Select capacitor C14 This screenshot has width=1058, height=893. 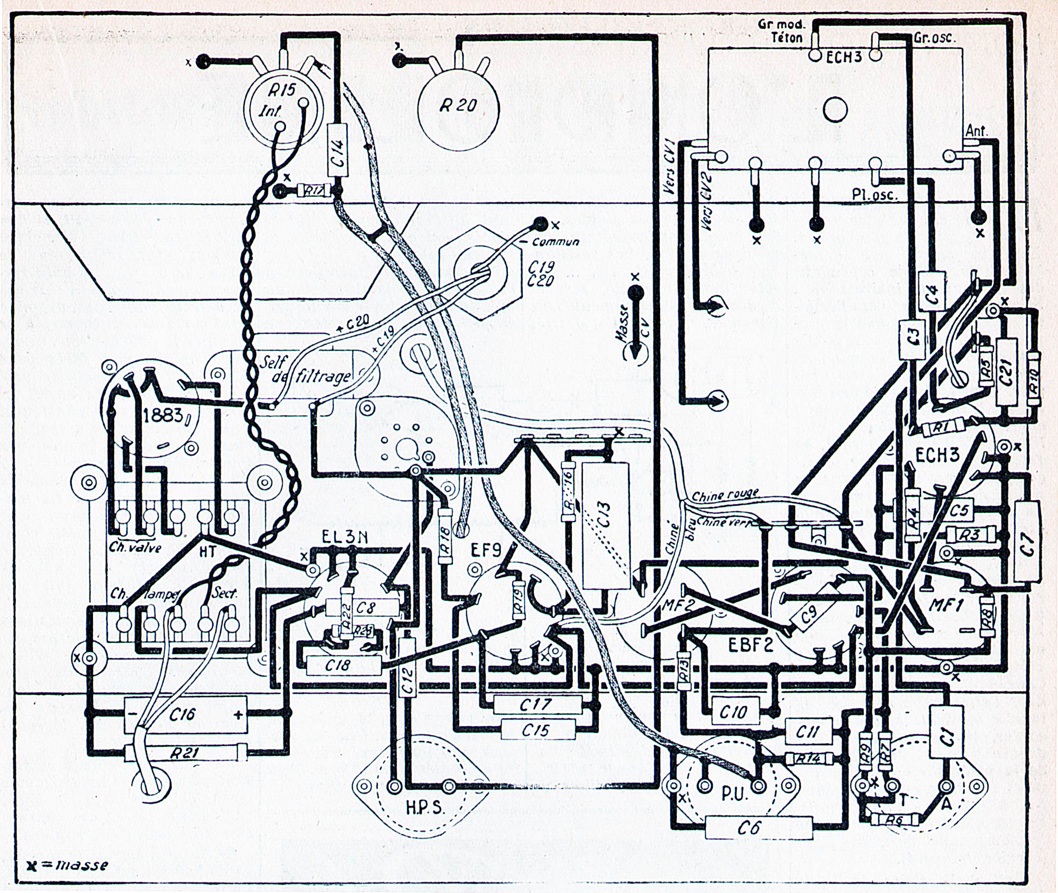pos(339,151)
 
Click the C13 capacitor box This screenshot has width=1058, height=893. pos(606,524)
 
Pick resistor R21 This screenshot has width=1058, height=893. pos(185,753)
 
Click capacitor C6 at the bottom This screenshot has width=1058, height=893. pos(759,826)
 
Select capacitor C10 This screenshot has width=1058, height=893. pos(733,712)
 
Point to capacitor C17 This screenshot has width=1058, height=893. pos(536,704)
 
